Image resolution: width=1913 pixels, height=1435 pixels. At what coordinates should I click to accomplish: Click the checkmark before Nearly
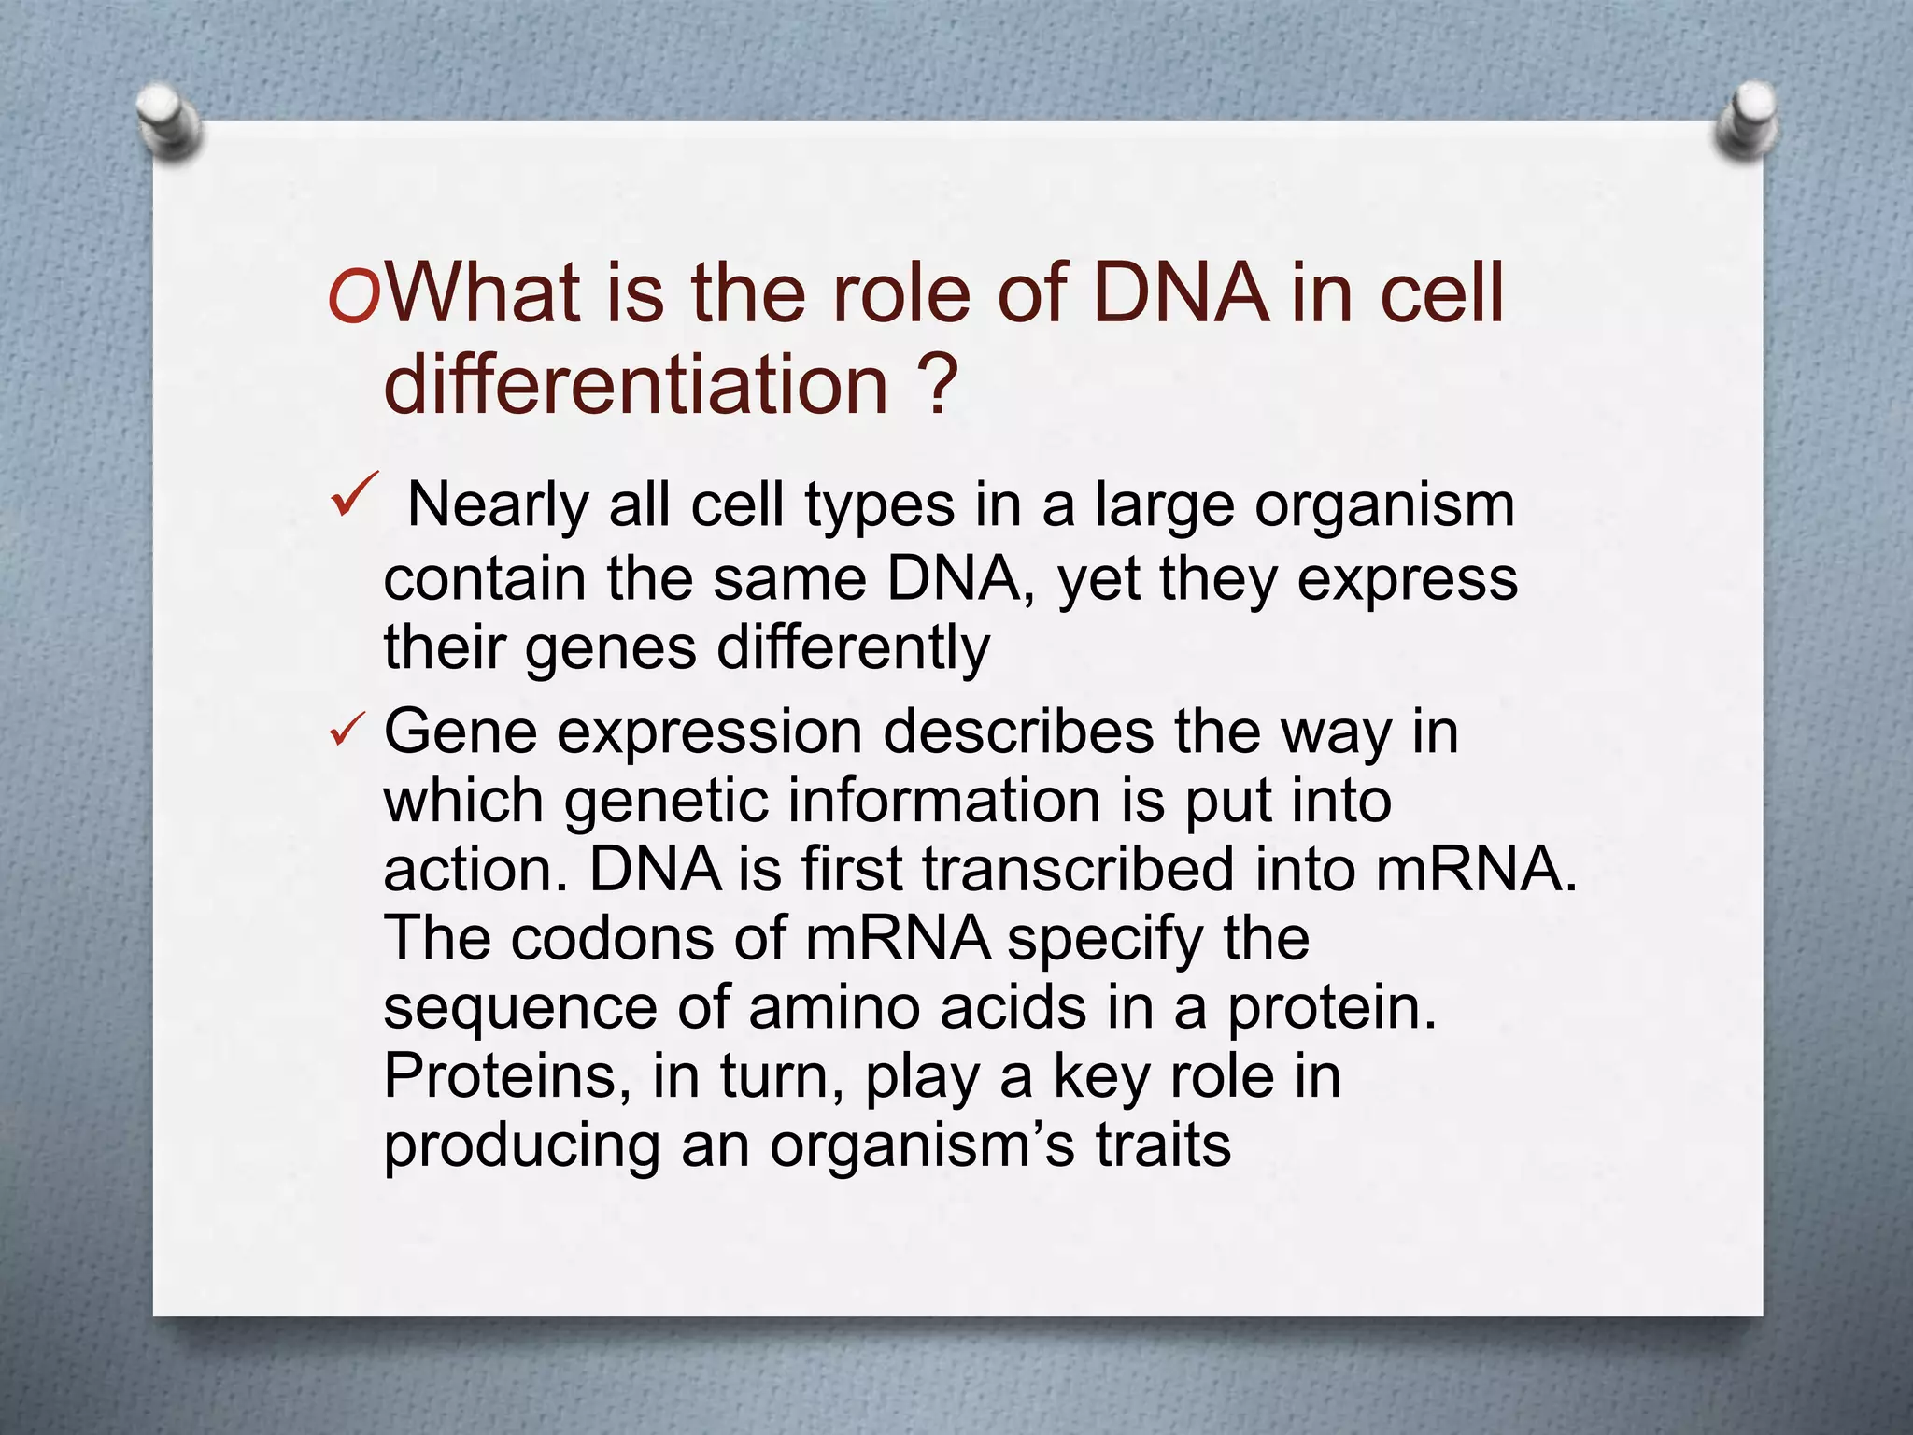pos(354,494)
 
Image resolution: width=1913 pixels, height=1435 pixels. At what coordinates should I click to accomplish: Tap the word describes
pos(1018,732)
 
